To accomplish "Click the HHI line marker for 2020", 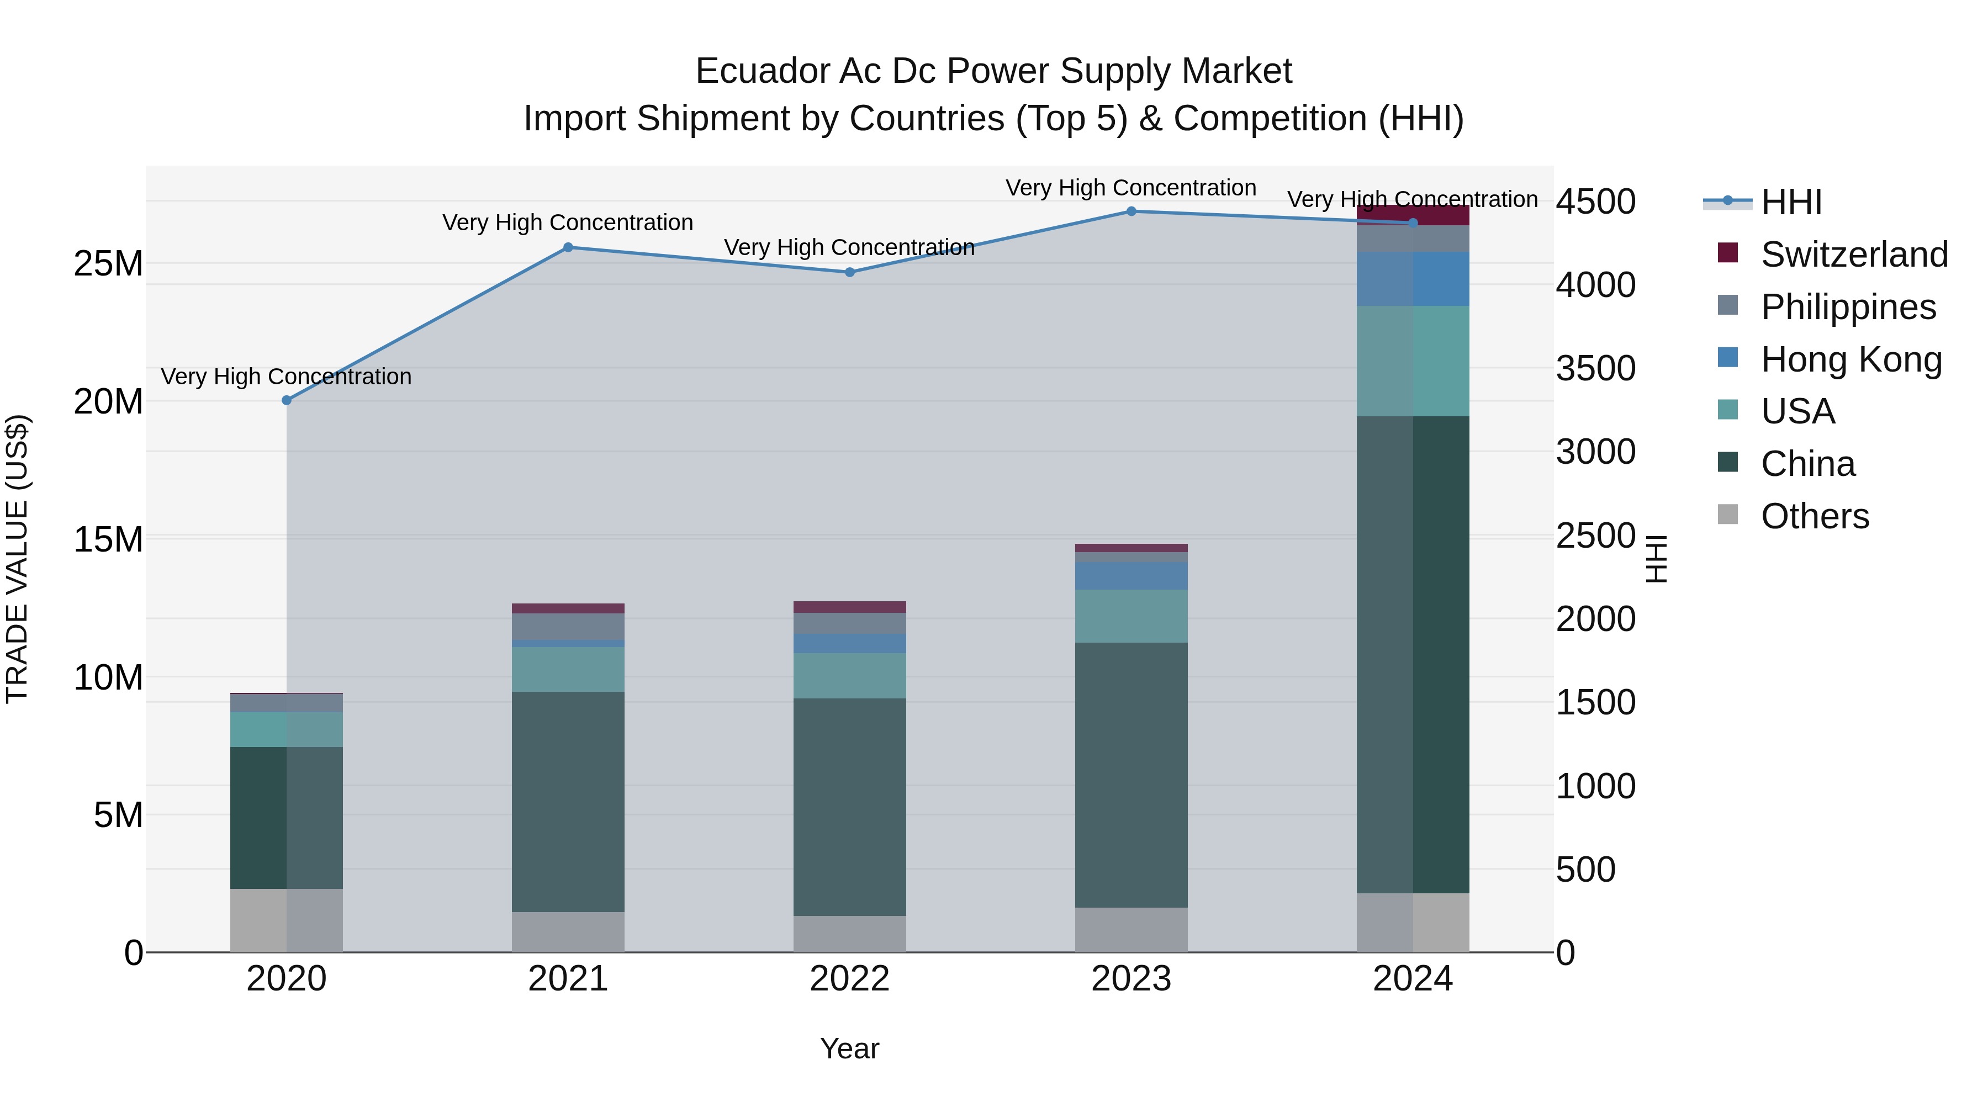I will click(x=286, y=400).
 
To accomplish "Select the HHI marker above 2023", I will click(x=1132, y=211).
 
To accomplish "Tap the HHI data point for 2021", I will click(x=568, y=248).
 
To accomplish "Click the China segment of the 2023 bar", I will click(x=1132, y=775).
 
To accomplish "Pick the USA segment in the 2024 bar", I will click(x=1413, y=361).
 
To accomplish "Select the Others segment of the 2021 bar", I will click(x=568, y=932).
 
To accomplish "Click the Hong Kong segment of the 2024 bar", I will click(x=1413, y=279).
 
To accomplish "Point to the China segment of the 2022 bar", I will click(x=850, y=807).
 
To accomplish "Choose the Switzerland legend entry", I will click(x=1853, y=255).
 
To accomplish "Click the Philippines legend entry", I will click(x=1848, y=307).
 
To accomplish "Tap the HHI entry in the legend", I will click(x=1790, y=202).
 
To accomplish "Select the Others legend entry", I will click(x=1813, y=516).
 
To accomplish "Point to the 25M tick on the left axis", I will click(x=108, y=264).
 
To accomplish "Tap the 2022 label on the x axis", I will click(x=850, y=979).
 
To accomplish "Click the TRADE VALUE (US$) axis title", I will click(x=17, y=559).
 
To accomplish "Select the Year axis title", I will click(x=850, y=1048).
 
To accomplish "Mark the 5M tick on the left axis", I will click(x=118, y=815).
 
